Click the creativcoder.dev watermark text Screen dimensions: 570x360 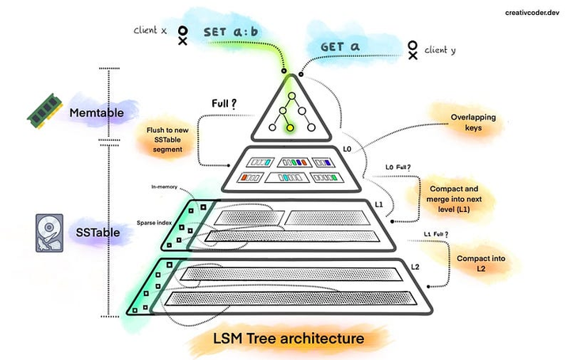(x=532, y=13)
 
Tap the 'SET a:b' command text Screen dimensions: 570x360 (x=230, y=32)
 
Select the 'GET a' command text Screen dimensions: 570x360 (x=340, y=47)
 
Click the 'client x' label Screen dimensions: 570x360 (x=150, y=30)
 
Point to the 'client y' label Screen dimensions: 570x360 (x=440, y=50)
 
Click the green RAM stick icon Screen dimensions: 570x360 (x=45, y=111)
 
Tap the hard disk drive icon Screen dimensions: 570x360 (x=49, y=233)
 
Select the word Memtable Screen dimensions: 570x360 (x=97, y=112)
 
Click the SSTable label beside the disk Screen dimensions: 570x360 (x=98, y=233)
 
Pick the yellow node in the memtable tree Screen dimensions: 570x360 (x=290, y=127)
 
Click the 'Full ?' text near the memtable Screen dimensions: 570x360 (x=224, y=104)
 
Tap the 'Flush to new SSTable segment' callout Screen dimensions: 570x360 (x=167, y=139)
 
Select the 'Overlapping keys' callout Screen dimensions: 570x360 (x=473, y=123)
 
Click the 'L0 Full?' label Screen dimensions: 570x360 (x=397, y=168)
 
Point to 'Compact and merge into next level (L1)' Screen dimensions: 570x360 (x=454, y=199)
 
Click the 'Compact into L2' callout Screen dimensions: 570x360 (x=481, y=263)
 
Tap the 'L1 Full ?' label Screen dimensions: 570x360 (x=436, y=234)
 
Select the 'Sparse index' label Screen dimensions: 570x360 (x=154, y=222)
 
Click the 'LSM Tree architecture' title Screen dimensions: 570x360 (x=288, y=339)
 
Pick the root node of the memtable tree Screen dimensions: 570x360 (x=291, y=96)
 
